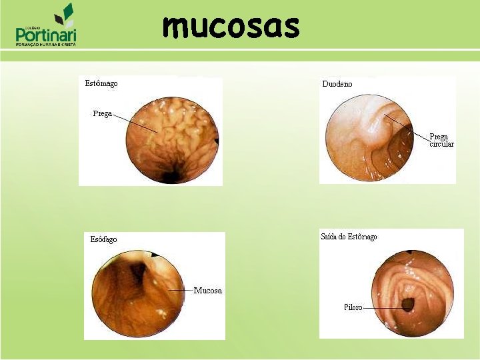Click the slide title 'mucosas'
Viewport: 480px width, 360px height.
(x=231, y=27)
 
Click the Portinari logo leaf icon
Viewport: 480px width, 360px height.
(x=65, y=15)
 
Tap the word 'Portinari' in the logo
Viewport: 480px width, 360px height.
(x=46, y=35)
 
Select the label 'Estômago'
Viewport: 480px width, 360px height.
(x=101, y=84)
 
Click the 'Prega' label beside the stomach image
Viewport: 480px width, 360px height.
(x=102, y=113)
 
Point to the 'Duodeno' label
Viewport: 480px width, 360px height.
(x=337, y=85)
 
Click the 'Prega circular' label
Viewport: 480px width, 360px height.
(x=441, y=140)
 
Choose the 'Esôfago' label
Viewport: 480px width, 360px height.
(x=103, y=239)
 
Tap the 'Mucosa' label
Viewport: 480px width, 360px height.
(x=207, y=291)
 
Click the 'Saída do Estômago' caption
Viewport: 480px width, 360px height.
(x=349, y=237)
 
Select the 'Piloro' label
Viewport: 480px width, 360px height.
(x=353, y=307)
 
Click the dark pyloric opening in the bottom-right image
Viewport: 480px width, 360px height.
(x=407, y=305)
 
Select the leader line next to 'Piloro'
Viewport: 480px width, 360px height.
(x=383, y=307)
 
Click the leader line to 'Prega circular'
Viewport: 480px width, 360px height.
(x=407, y=127)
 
